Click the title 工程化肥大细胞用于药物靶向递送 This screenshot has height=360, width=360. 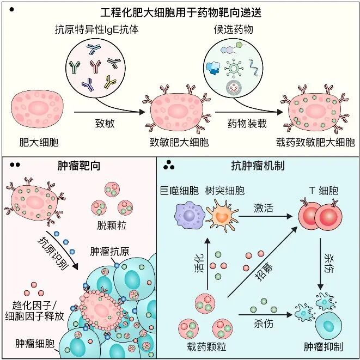pyautogui.click(x=180, y=11)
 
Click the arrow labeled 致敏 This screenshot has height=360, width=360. pyautogui.click(x=104, y=113)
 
